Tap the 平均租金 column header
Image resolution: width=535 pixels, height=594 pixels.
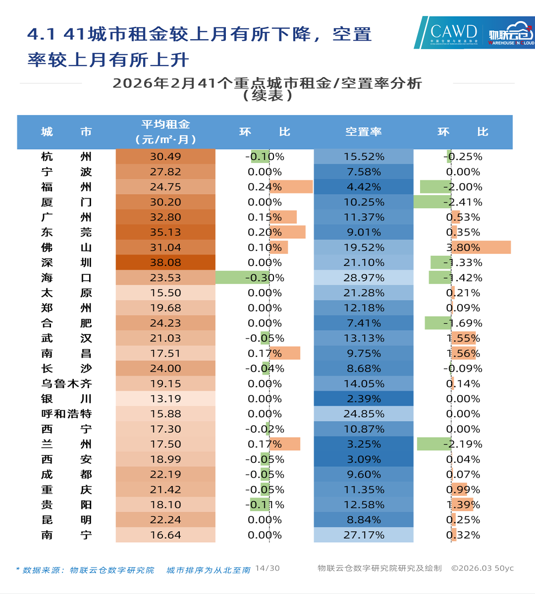[165, 132]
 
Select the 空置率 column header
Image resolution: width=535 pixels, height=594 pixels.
[363, 132]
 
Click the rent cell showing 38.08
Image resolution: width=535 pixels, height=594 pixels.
[165, 262]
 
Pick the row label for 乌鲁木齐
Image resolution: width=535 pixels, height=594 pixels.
[66, 384]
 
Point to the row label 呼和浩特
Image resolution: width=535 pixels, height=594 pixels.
[66, 414]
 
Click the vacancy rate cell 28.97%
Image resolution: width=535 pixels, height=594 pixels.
[363, 278]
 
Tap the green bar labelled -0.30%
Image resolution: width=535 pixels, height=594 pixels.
[242, 278]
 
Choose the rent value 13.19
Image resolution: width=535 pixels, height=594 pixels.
[165, 399]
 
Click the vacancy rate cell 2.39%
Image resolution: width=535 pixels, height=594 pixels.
[363, 399]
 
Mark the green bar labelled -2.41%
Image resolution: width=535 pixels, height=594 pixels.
[432, 202]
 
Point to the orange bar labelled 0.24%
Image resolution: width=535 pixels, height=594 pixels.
[291, 187]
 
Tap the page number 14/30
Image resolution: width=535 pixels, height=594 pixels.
[267, 568]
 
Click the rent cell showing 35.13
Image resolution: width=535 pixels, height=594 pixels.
[165, 232]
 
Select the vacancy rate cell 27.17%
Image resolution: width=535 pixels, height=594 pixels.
[363, 535]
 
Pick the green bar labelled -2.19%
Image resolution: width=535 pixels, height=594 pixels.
[434, 444]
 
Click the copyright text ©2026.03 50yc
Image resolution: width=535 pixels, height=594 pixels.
[482, 568]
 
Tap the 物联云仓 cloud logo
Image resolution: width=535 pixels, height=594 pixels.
[510, 33]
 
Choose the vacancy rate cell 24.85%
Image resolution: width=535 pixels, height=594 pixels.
[363, 414]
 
